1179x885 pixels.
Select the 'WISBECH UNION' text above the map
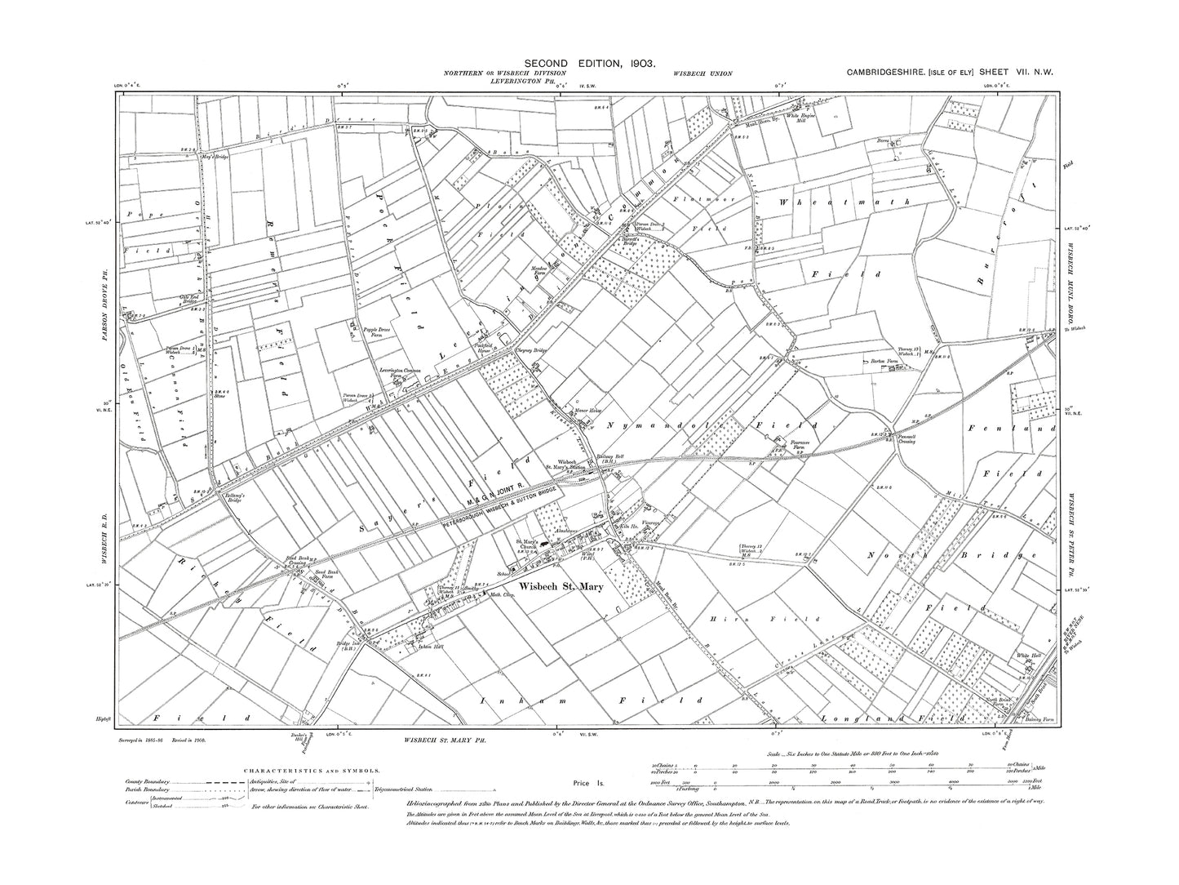703,74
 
